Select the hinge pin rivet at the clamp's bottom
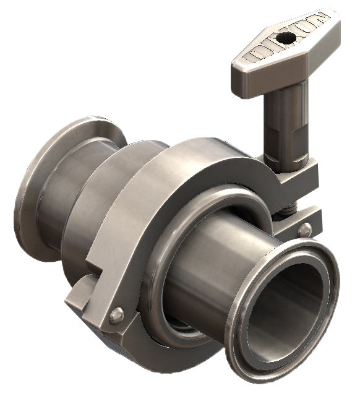(115, 317)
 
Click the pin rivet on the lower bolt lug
(305, 231)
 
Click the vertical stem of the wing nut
(285, 121)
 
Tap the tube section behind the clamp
(87, 204)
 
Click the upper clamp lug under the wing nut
(297, 179)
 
